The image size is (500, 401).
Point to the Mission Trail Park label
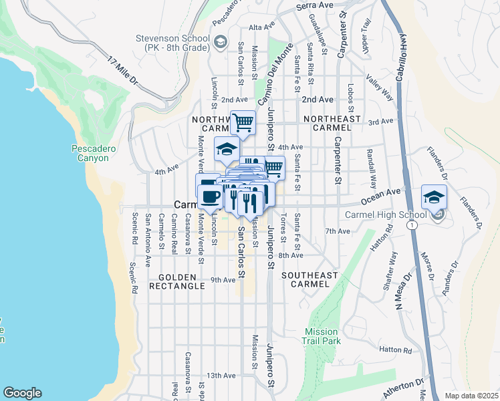coord(323,336)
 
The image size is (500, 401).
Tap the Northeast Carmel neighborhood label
coord(332,122)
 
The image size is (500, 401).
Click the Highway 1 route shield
coord(415,226)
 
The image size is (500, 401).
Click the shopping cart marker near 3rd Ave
coord(243,122)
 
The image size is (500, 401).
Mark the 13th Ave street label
coord(221,376)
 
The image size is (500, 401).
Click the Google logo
coord(22,393)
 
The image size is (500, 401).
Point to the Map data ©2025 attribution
coord(471,396)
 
